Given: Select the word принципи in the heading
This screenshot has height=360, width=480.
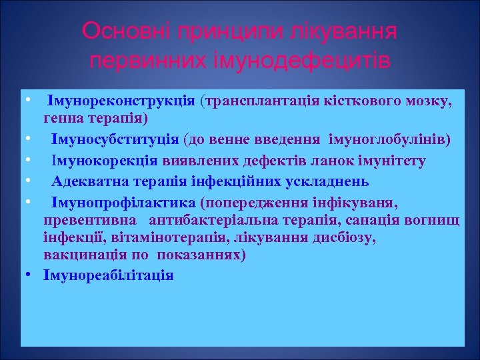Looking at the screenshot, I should point(228,31).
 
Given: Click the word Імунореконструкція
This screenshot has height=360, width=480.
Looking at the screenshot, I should point(121,101).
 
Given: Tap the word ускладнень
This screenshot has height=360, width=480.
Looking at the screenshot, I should point(331,181).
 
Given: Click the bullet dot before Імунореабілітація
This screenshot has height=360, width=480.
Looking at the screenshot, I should point(31,275).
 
